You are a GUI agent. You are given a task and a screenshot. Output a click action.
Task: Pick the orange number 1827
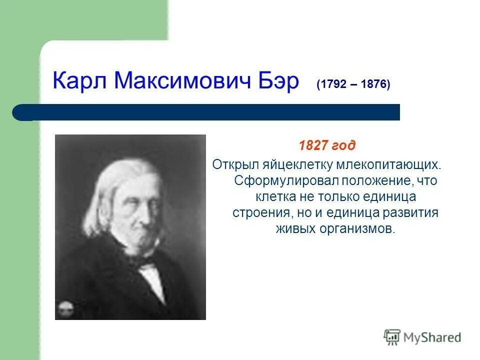(313, 145)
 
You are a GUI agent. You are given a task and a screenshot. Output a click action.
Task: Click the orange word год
(344, 145)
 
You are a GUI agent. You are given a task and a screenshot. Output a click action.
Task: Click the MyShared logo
(422, 337)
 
